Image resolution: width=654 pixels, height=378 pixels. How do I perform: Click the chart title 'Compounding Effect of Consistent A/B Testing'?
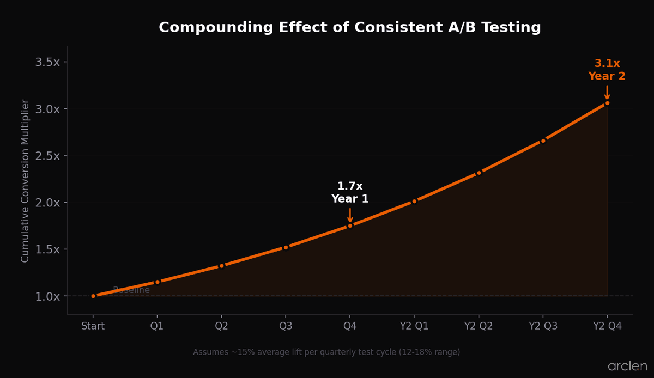click(349, 28)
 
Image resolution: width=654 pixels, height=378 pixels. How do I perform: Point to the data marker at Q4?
click(350, 225)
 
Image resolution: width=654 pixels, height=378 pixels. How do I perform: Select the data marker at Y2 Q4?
click(607, 103)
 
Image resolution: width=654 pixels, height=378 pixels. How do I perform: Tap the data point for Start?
click(93, 296)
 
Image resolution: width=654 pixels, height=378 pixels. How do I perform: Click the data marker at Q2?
click(221, 266)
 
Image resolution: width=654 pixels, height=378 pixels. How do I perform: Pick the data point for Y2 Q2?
click(479, 173)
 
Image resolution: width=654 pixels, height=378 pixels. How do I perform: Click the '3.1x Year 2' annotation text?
click(607, 70)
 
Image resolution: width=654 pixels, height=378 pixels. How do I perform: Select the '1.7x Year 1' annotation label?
click(350, 193)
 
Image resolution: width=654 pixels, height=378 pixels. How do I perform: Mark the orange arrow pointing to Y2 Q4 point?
click(607, 92)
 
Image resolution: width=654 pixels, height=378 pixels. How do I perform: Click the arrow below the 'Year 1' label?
click(350, 215)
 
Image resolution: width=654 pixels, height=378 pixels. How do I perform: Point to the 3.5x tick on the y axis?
click(47, 62)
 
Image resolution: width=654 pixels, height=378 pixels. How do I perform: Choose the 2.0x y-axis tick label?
click(47, 203)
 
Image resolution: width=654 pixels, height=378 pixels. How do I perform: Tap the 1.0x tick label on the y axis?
click(47, 296)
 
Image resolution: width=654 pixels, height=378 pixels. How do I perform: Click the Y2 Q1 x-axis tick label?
click(414, 326)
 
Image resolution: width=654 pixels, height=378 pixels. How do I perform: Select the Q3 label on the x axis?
click(286, 326)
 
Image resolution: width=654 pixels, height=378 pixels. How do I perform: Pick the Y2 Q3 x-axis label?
click(543, 326)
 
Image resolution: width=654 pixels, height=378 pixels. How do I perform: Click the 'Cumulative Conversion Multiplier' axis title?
click(25, 180)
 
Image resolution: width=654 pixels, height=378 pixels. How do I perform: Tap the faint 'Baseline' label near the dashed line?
click(131, 290)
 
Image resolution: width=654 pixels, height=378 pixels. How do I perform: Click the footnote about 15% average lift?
click(326, 352)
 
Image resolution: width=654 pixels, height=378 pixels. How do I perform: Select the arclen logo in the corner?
click(627, 367)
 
